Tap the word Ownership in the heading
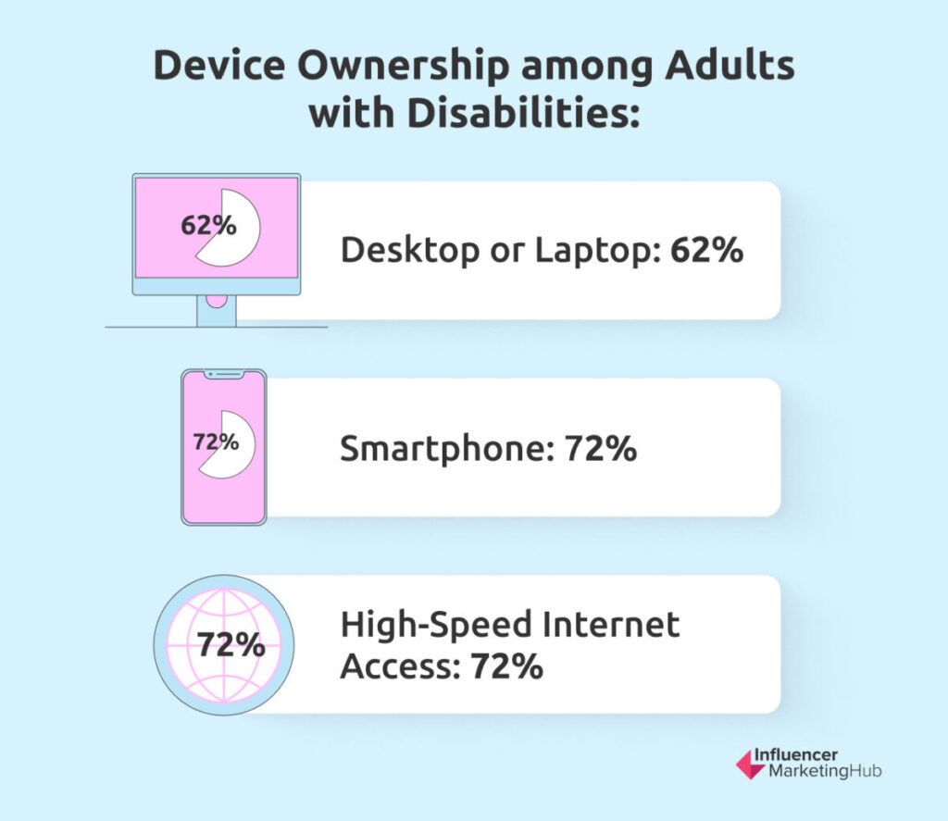[x=403, y=68]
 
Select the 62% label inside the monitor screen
[x=208, y=226]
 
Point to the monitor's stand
[x=217, y=311]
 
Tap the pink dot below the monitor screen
[x=217, y=301]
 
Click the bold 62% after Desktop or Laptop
[x=706, y=249]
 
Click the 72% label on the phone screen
[x=216, y=442]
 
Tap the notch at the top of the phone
[x=224, y=375]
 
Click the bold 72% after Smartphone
[x=601, y=448]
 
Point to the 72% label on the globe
[x=231, y=644]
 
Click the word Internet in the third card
[x=611, y=625]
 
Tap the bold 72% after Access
[x=506, y=666]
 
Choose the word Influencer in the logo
[x=795, y=755]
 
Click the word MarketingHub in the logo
[x=825, y=771]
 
